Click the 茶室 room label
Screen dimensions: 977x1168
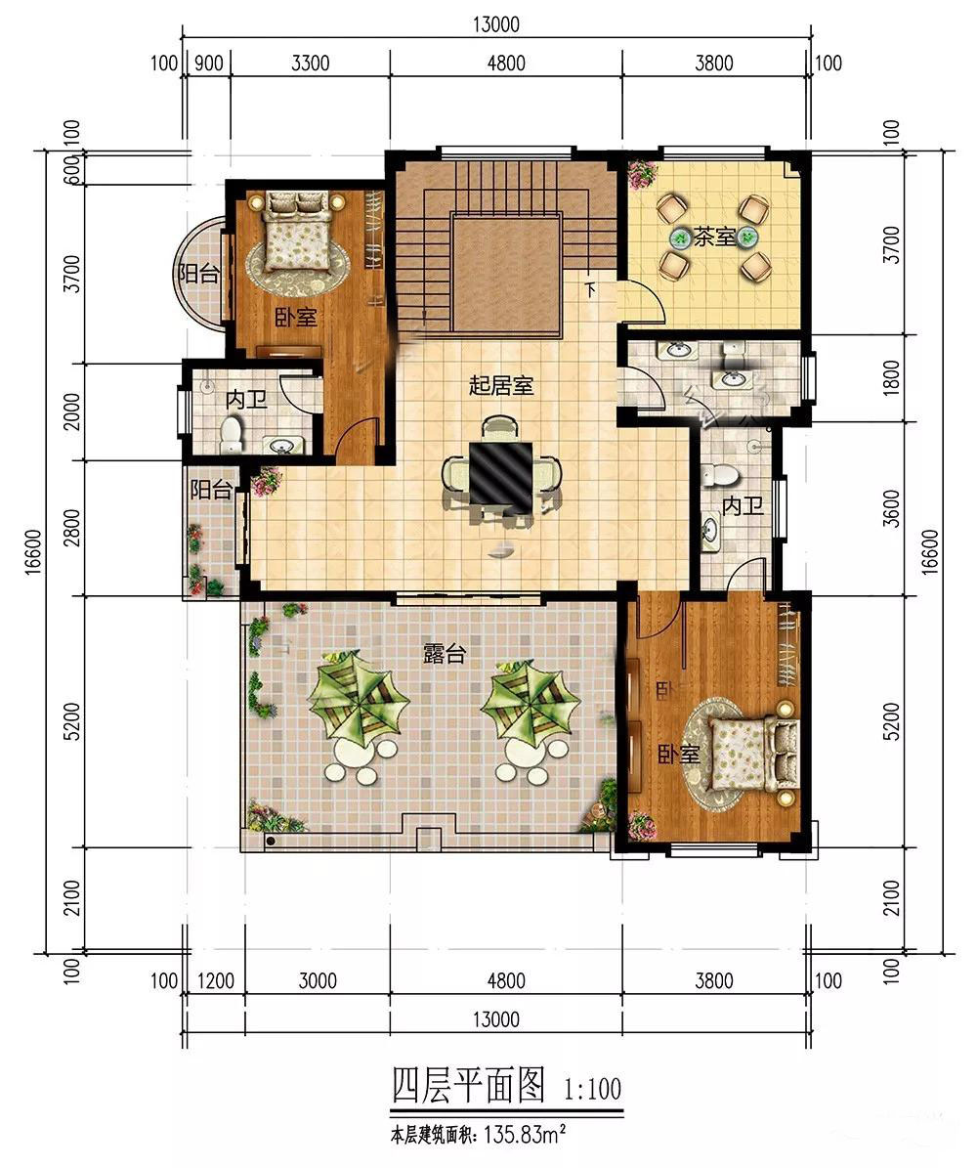click(x=715, y=237)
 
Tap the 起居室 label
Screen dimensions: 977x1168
click(x=501, y=386)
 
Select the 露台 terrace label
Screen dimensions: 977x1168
click(x=445, y=653)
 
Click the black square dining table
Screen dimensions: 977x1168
click(x=500, y=473)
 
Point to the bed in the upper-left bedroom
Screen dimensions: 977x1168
click(x=298, y=230)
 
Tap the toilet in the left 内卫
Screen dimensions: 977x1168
click(x=232, y=434)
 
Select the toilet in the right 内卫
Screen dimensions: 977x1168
click(x=719, y=474)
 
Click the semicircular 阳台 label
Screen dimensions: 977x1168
click(x=198, y=274)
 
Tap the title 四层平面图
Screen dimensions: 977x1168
click(x=469, y=1084)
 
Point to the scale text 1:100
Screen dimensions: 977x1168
click(x=593, y=1089)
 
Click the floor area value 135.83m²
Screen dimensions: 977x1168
click(x=526, y=1135)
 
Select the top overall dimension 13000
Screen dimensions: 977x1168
click(x=496, y=23)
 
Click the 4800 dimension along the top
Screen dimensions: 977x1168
click(x=506, y=63)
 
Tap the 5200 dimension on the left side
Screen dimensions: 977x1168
click(x=71, y=721)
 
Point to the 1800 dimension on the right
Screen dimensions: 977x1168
click(x=891, y=377)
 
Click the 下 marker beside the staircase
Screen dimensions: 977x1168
click(x=590, y=288)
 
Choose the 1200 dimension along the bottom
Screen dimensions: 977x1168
click(x=216, y=980)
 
